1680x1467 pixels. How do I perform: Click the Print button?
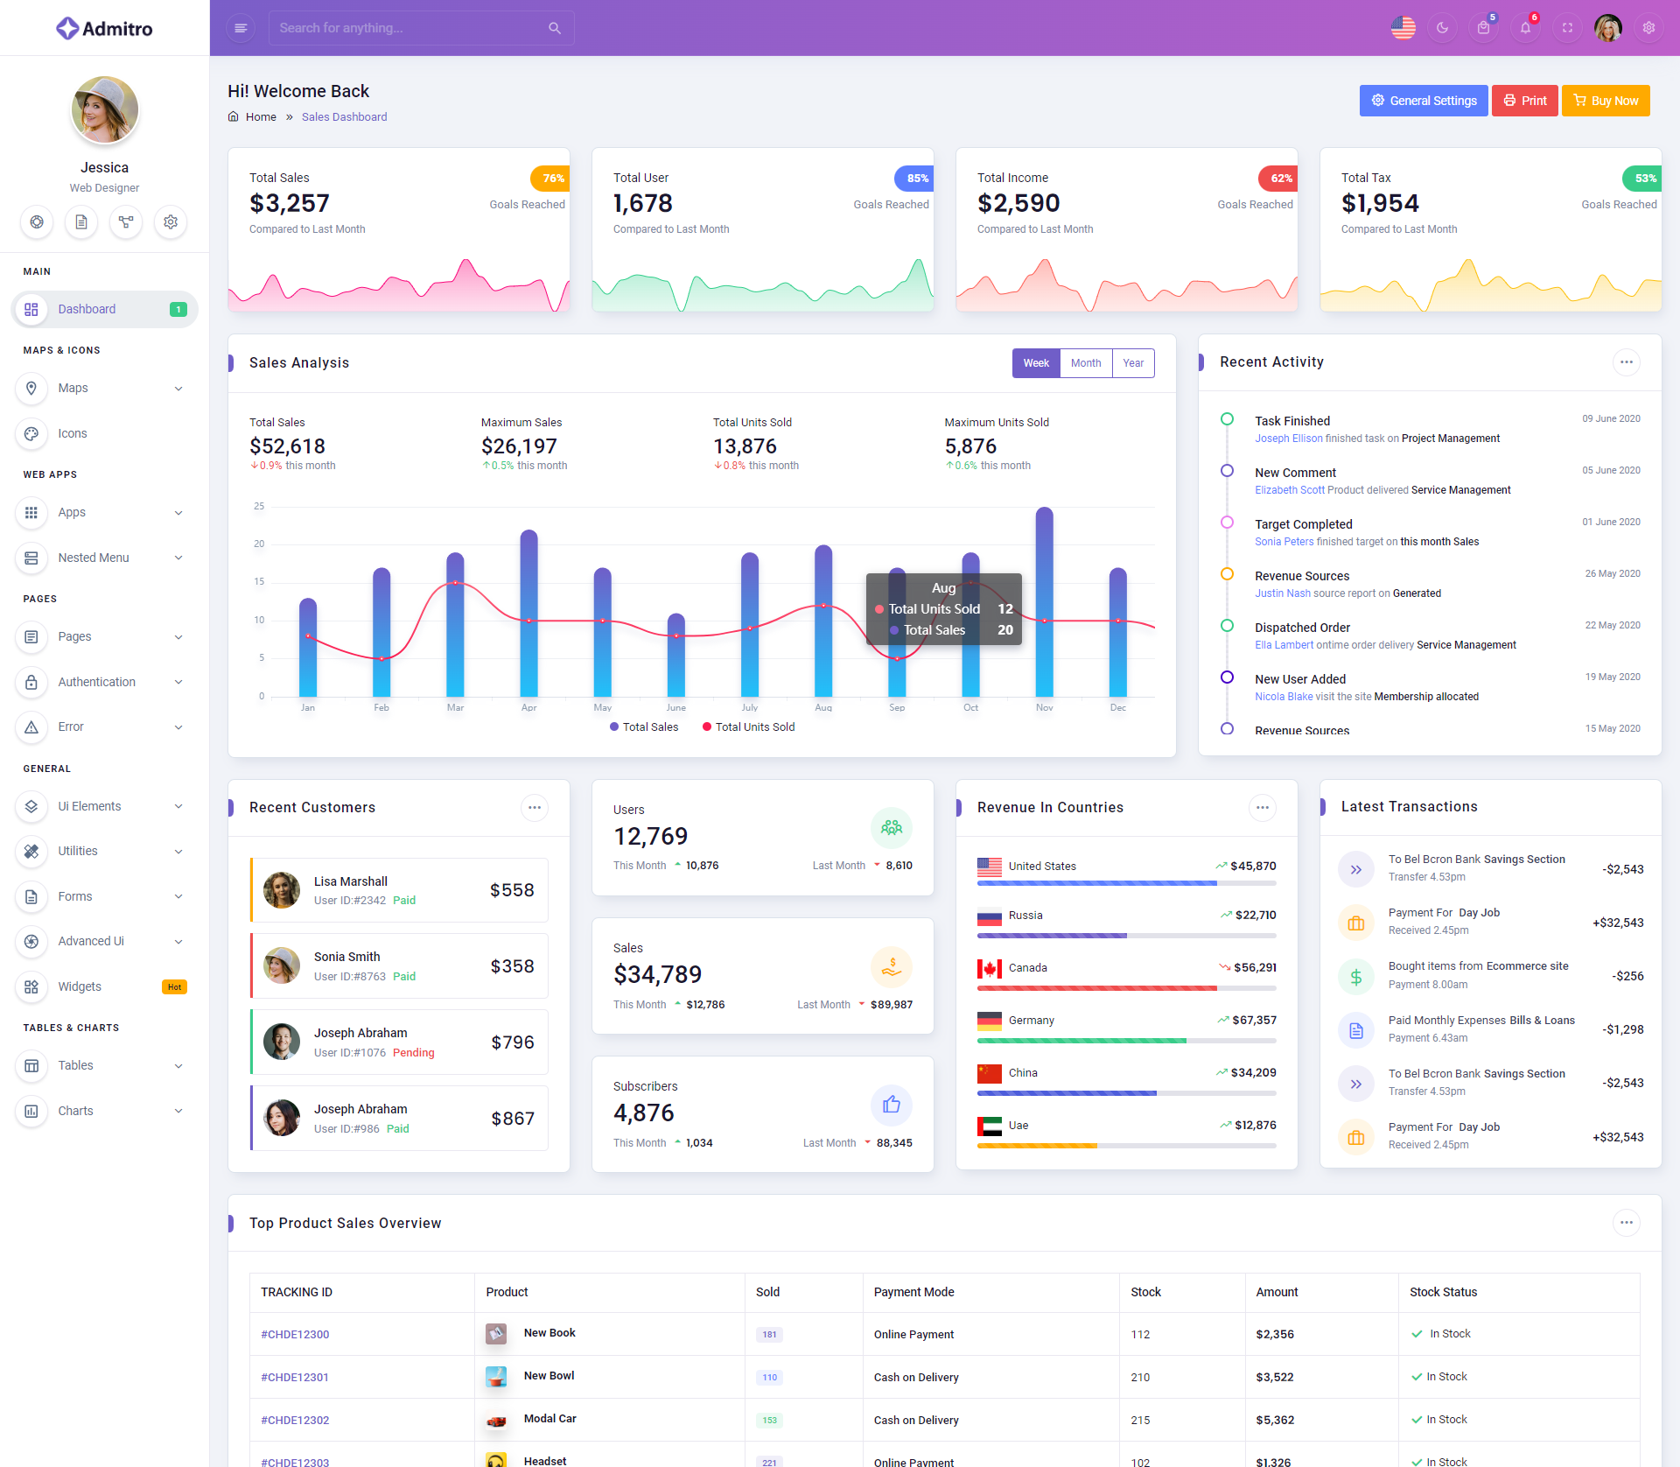click(x=1524, y=101)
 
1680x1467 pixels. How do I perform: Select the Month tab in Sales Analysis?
click(x=1086, y=363)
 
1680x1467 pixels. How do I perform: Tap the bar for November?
click(x=1044, y=604)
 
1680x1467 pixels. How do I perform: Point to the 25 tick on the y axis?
click(x=259, y=506)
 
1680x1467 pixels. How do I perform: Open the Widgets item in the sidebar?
click(x=80, y=986)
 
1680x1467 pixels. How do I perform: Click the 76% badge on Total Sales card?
click(x=552, y=179)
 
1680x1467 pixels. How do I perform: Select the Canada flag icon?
click(x=990, y=968)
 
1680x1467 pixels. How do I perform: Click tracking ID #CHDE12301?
click(x=295, y=1377)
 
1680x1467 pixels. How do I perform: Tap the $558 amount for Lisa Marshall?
click(x=512, y=890)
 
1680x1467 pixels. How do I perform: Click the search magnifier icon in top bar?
click(x=555, y=28)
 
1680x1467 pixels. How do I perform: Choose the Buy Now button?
click(x=1606, y=101)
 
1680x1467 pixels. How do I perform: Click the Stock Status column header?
click(x=1443, y=1292)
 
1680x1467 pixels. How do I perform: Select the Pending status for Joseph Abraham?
click(x=413, y=1053)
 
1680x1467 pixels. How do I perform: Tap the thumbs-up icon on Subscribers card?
click(x=892, y=1105)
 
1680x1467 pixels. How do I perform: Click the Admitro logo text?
click(x=117, y=29)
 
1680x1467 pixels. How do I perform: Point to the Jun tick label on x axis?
click(x=675, y=707)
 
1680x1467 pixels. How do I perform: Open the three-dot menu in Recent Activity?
click(x=1626, y=362)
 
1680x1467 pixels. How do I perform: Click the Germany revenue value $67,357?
click(x=1254, y=1021)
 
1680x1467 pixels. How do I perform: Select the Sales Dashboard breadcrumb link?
click(x=344, y=117)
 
